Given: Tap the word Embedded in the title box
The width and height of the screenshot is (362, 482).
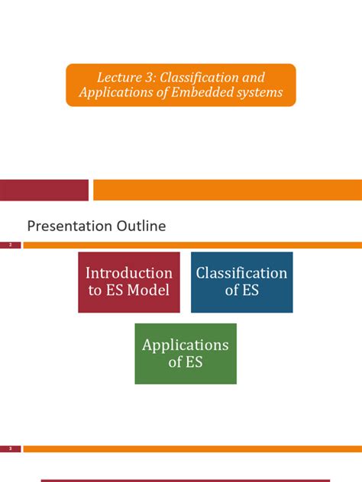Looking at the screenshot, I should (209, 93).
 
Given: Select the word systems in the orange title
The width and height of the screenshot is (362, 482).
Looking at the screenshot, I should (259, 93).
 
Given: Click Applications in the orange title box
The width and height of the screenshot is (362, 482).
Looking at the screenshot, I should (112, 93).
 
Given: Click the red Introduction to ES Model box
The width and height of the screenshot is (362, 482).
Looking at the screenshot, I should (129, 282).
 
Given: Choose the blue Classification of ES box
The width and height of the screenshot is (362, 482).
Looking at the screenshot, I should (241, 282).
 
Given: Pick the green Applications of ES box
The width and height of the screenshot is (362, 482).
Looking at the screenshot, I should (186, 353).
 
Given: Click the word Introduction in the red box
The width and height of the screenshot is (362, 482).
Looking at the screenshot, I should (129, 273).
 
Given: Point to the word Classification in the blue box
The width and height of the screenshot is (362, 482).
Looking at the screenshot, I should (241, 273).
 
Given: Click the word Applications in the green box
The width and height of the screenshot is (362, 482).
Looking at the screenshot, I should (186, 345).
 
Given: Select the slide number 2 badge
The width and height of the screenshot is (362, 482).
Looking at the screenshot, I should (11, 246).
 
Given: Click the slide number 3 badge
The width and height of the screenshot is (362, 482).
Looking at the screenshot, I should (11, 449).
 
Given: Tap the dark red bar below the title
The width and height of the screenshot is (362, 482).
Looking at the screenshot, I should (44, 190).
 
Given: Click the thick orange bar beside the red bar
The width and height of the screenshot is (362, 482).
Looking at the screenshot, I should (227, 190).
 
